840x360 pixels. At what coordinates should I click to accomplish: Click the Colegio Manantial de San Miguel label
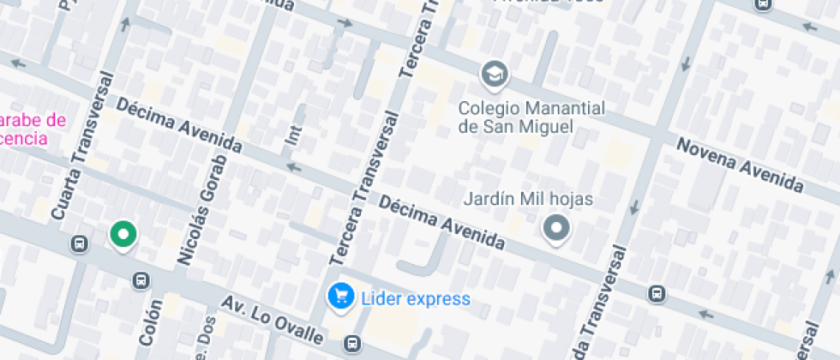531,117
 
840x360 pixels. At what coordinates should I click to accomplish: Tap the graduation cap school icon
494,75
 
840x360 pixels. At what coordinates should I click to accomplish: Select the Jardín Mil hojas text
528,199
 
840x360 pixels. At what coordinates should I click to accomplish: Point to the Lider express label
416,299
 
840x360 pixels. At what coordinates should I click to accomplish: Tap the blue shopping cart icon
341,297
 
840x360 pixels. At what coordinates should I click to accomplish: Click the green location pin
123,234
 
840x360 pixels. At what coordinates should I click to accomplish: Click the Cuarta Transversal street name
83,146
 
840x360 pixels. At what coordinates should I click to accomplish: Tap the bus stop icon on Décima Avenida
657,294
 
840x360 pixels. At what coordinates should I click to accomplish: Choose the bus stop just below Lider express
351,345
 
